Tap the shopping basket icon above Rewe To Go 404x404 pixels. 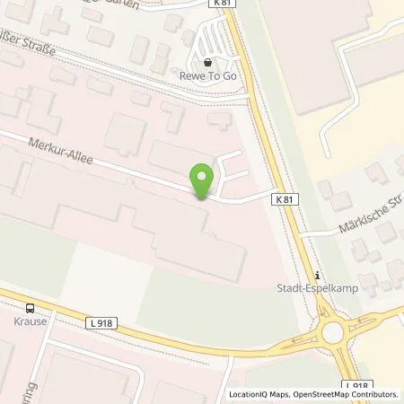(209, 63)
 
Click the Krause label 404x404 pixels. (32, 319)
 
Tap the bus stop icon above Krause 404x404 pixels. (32, 306)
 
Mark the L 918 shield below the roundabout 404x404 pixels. (356, 385)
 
